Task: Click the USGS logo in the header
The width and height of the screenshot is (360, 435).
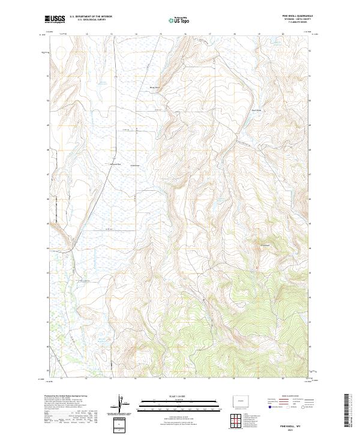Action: tap(55, 20)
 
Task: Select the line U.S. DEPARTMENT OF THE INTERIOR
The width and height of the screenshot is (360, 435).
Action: tap(90, 17)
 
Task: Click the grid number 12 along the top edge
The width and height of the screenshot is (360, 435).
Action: tap(87, 34)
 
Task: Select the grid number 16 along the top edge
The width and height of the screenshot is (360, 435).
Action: tap(185, 34)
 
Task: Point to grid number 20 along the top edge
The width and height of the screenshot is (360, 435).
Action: tap(283, 34)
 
